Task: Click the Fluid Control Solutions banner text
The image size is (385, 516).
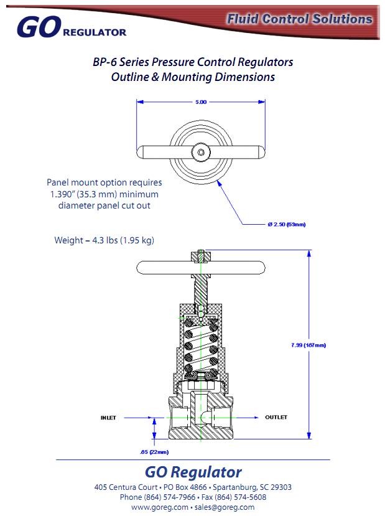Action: (299, 19)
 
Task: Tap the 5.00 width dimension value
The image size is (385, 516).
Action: (200, 101)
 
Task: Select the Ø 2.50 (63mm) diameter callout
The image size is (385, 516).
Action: (286, 224)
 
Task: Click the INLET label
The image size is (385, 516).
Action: (109, 417)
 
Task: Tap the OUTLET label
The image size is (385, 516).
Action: (276, 417)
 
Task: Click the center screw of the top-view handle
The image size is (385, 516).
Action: (201, 151)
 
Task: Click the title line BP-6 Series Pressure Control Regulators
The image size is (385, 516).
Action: (192, 62)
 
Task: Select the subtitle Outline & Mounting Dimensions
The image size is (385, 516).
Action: (193, 77)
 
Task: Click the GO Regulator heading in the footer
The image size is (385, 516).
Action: (193, 471)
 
